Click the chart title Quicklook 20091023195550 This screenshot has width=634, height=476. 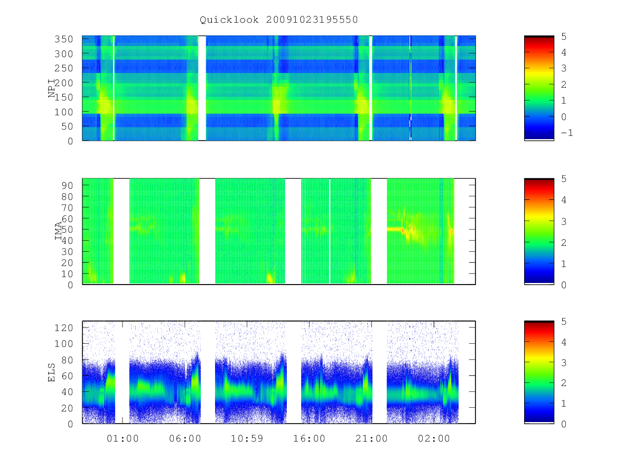(279, 20)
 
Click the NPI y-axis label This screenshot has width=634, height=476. (52, 88)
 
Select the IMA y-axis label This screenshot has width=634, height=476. (58, 231)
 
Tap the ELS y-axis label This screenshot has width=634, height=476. (51, 372)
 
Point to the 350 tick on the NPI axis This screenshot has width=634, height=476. (63, 39)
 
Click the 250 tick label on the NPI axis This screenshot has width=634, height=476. (63, 68)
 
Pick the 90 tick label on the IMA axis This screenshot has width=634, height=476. (67, 186)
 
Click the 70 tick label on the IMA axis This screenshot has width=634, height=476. (67, 207)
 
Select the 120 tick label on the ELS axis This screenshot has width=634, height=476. (63, 328)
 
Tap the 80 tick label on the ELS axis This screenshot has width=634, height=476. (67, 360)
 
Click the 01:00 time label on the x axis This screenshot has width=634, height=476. (123, 438)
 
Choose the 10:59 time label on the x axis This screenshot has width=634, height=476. (247, 438)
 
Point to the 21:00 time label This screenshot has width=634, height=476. (371, 438)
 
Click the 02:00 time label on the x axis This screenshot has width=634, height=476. (434, 438)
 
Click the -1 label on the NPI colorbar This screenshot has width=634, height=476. (567, 133)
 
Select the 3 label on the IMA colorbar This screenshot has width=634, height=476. (564, 222)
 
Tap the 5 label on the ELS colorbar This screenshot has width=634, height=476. (564, 322)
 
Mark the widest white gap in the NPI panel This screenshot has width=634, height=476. (202, 88)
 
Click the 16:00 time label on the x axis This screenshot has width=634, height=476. (310, 438)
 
